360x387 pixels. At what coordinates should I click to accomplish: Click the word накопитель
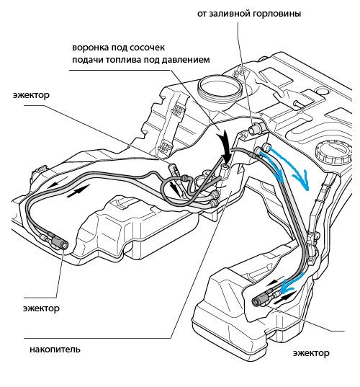pos(55,350)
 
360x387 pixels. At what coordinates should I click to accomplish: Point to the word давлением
pos(186,60)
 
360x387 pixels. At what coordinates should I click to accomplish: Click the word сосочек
pos(147,47)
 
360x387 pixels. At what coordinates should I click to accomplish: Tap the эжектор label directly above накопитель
pos(41,308)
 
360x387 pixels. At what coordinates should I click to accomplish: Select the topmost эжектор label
pos(31,95)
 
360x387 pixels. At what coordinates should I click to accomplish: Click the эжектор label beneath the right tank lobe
pos(311,353)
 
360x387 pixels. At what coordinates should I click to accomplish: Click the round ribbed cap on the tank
pos(333,153)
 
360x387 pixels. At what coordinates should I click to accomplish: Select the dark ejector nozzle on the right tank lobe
pos(261,299)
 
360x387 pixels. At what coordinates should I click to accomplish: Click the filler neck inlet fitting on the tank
pos(256,128)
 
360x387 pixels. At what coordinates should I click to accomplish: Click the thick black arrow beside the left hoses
pos(78,191)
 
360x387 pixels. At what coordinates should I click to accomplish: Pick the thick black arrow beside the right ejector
pos(284,298)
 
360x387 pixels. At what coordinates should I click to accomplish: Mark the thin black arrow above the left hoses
pos(57,183)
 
